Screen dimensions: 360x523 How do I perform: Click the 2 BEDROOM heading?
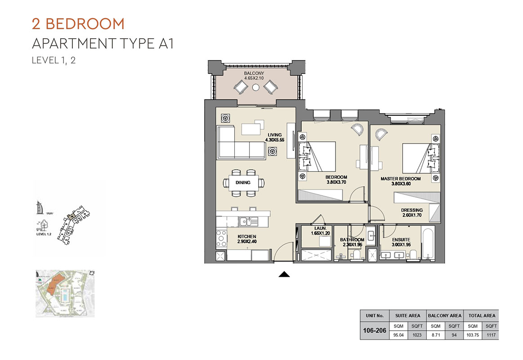[78, 23]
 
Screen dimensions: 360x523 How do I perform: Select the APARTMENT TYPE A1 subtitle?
[103, 44]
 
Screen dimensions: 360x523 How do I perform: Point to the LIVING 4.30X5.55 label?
[274, 137]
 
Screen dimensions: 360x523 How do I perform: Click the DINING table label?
[243, 183]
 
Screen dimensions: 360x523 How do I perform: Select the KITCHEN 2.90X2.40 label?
[247, 239]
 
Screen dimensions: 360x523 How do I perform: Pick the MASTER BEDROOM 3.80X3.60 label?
[400, 181]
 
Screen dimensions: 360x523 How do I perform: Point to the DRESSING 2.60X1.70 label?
[411, 213]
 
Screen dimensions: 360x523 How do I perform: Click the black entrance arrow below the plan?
[284, 274]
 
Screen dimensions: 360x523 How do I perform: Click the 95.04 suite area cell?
[398, 335]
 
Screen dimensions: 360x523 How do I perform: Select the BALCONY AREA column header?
[444, 315]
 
